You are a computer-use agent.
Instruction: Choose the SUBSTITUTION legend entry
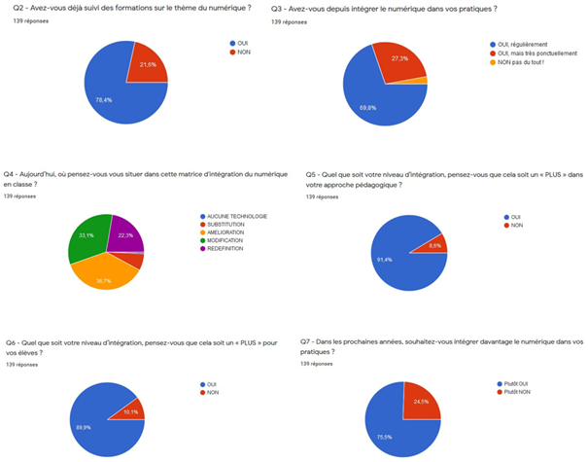(x=225, y=224)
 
